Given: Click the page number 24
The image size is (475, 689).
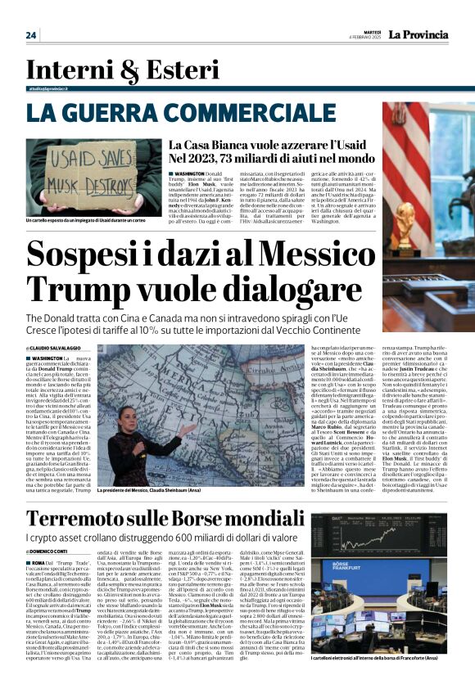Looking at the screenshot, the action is coord(31,34).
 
